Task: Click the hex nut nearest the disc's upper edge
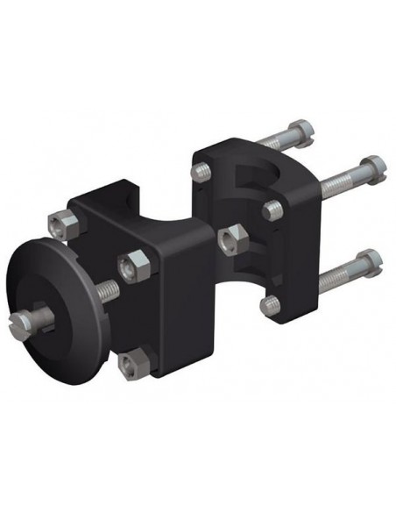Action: tap(60, 226)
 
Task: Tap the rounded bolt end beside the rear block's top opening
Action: tap(271, 208)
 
